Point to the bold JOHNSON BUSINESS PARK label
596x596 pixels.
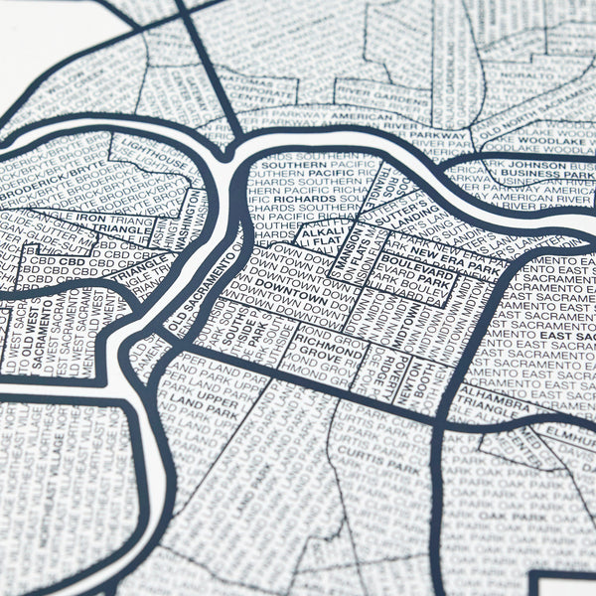click(541, 169)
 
